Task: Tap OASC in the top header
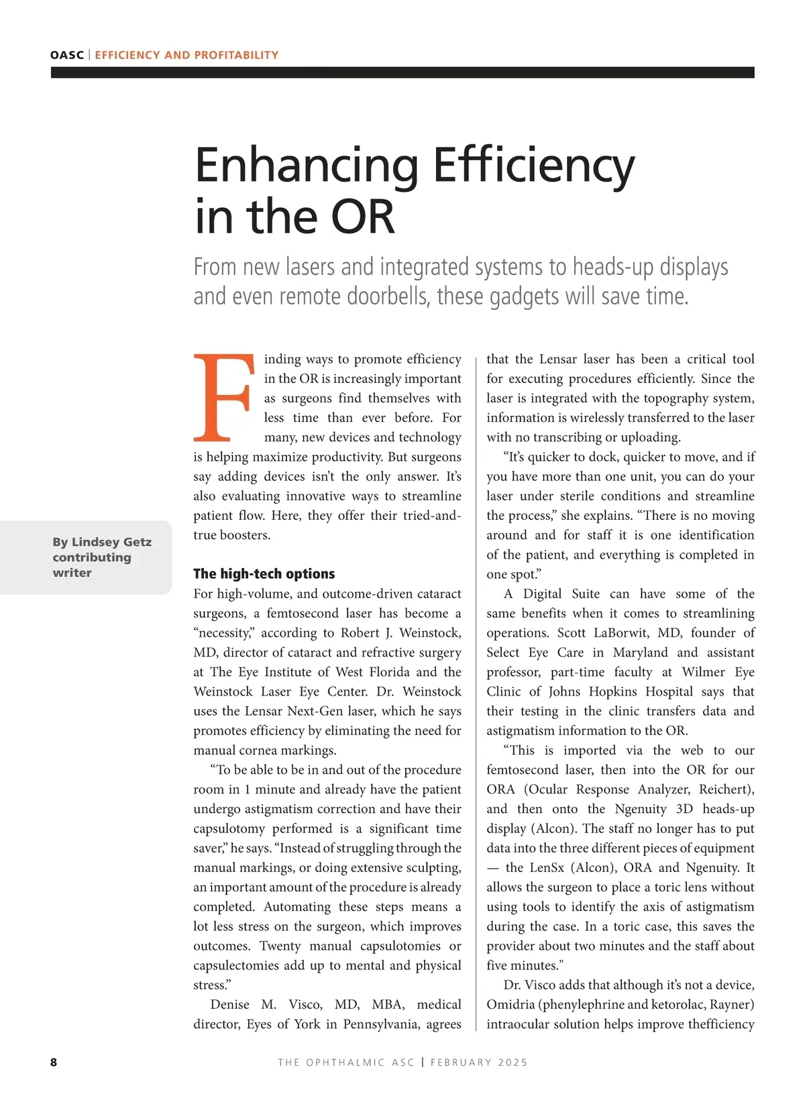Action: pyautogui.click(x=67, y=55)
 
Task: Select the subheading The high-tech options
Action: pyautogui.click(x=264, y=573)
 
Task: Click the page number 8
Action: pyautogui.click(x=54, y=1062)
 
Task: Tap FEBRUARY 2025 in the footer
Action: pyautogui.click(x=479, y=1062)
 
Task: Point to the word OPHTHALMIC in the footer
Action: pyautogui.click(x=356, y=1062)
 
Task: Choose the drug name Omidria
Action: pyautogui.click(x=512, y=1004)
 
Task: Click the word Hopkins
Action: pyautogui.click(x=613, y=692)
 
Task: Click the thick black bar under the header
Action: pyautogui.click(x=402, y=72)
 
